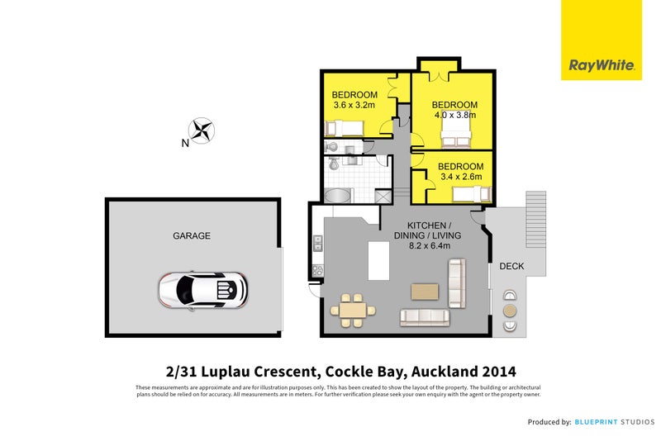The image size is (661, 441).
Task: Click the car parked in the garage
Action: (x=202, y=289)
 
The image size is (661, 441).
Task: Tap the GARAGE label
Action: (x=191, y=235)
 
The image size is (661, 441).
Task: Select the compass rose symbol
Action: (x=202, y=129)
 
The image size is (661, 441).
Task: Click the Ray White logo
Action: (x=601, y=64)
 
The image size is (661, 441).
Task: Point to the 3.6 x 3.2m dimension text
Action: (x=354, y=105)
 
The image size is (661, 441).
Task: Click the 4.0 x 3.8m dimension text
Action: (x=454, y=116)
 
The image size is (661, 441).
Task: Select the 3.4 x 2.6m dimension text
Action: (x=463, y=178)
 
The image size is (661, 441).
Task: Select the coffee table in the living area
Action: (x=425, y=291)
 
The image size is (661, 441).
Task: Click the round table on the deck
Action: (x=510, y=311)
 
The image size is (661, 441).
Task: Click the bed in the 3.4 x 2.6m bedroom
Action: (x=473, y=195)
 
